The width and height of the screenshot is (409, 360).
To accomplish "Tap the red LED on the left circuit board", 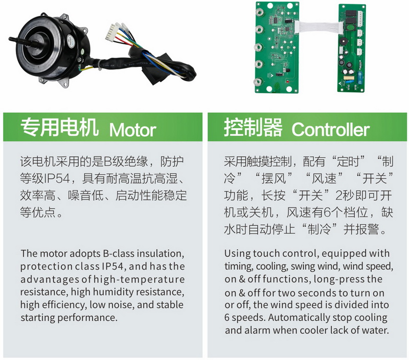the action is click(287, 82).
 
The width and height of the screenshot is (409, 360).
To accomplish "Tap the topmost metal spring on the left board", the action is click(259, 12).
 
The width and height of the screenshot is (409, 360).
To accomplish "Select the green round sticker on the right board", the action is click(349, 27).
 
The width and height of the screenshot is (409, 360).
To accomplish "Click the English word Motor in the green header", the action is click(132, 130).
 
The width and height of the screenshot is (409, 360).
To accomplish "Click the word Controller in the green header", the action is click(330, 129).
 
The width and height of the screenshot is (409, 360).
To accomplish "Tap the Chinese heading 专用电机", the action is click(59, 127).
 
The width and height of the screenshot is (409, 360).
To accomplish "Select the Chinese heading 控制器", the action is click(253, 127).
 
